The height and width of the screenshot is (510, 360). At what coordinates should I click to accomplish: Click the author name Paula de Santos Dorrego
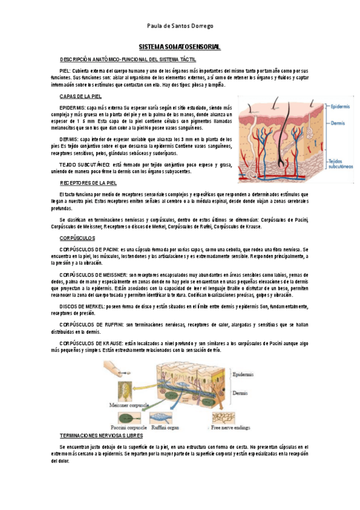point(180,26)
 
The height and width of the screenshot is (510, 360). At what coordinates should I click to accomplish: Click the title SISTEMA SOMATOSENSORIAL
point(180,46)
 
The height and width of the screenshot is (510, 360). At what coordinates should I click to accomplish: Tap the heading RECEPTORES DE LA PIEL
point(88,182)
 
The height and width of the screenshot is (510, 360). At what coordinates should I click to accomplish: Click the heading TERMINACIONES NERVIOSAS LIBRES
point(103,434)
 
